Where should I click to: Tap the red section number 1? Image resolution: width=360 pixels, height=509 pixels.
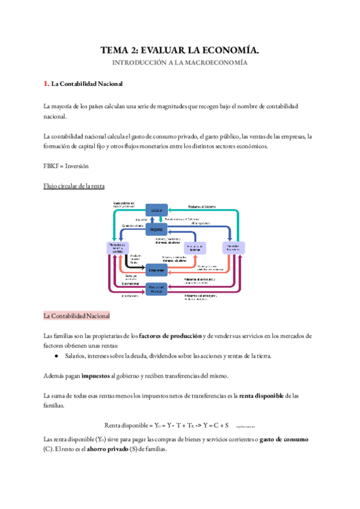[x=46, y=83]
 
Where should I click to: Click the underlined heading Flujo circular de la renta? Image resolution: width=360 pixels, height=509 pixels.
[x=74, y=187]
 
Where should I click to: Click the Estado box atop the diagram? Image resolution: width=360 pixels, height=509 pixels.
[x=157, y=210]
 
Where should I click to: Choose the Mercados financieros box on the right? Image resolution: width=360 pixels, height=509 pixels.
[x=235, y=247]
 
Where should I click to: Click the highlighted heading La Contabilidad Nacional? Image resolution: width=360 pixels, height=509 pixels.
[x=76, y=316]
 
